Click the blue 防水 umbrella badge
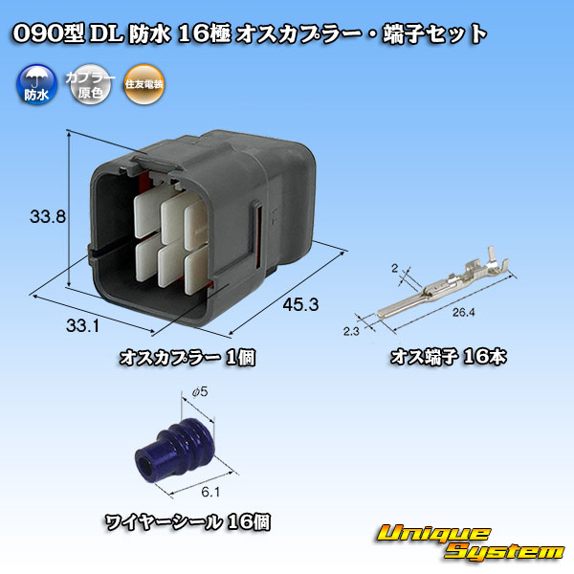36,84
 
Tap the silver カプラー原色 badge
90,84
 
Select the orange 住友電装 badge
143,84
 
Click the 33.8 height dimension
48,217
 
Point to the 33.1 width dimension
82,325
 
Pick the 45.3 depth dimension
300,304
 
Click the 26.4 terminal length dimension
463,312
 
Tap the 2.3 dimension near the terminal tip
351,331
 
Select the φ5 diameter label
200,392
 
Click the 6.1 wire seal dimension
210,492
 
